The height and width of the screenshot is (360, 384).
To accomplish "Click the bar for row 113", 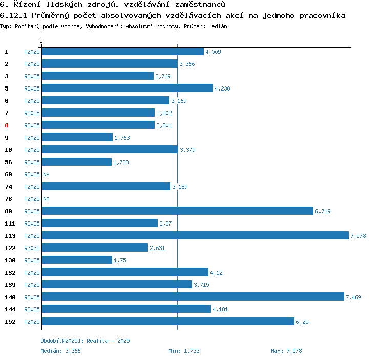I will point(195,235).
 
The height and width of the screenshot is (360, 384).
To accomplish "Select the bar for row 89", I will point(177,211).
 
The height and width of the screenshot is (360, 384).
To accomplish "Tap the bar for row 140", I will point(193,297).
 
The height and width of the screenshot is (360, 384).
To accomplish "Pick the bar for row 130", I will point(77,260).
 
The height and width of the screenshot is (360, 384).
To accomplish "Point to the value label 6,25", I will point(302,322).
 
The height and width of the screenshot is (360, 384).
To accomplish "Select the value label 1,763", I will point(122,138).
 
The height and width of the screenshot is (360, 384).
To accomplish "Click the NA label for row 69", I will point(46,174).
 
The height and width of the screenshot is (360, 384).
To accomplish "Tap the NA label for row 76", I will point(46,199).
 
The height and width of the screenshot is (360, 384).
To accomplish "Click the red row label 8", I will point(7,125).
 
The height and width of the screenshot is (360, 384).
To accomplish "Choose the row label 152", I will point(10,322).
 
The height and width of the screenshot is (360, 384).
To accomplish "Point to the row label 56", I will point(8,162).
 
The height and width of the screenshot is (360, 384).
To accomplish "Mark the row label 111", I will point(10,223).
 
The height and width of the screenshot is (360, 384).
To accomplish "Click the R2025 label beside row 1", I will point(32,52).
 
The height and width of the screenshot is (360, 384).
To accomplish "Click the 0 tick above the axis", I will point(41,41).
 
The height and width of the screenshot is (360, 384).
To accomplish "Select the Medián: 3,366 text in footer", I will point(60,351).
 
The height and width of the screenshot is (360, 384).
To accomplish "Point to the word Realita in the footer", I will point(97,341).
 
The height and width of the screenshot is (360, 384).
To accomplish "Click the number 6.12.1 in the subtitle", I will point(11,15).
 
